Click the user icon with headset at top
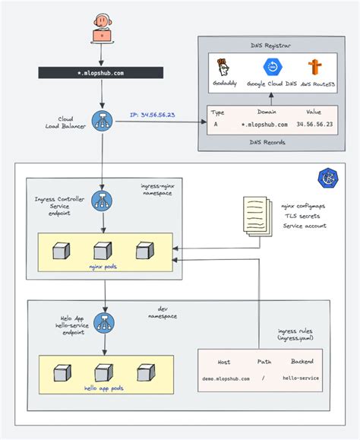coord(102,29)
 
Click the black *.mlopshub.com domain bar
coord(102,74)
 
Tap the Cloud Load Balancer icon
coord(102,120)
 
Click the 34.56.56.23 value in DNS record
coord(314,122)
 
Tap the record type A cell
coord(216,122)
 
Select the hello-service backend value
coord(300,377)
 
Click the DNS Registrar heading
coord(271,46)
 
